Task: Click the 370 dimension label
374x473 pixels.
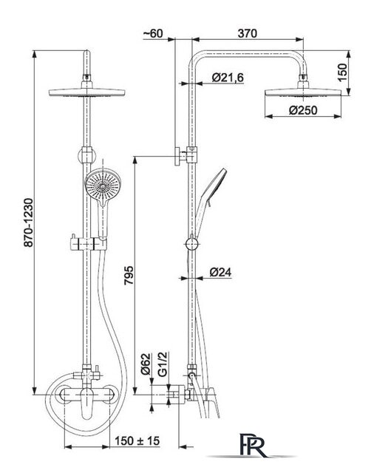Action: [x=247, y=33]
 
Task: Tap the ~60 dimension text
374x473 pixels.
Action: [x=153, y=33]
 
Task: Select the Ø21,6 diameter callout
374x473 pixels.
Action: [x=228, y=78]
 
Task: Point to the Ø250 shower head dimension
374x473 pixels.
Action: [x=303, y=110]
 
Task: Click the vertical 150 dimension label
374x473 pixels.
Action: [x=342, y=72]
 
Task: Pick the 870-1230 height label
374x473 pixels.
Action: [x=29, y=222]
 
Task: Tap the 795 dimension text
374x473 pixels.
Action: [x=129, y=275]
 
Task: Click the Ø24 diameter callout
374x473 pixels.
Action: [x=220, y=272]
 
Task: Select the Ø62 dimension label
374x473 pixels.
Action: [x=146, y=364]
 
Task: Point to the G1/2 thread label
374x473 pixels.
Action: [x=163, y=364]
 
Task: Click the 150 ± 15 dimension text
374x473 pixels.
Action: [x=137, y=440]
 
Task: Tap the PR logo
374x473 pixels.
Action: [x=253, y=445]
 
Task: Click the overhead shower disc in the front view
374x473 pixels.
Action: [x=87, y=92]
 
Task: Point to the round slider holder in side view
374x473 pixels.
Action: [x=191, y=244]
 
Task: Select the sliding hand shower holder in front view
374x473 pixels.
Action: [x=89, y=243]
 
